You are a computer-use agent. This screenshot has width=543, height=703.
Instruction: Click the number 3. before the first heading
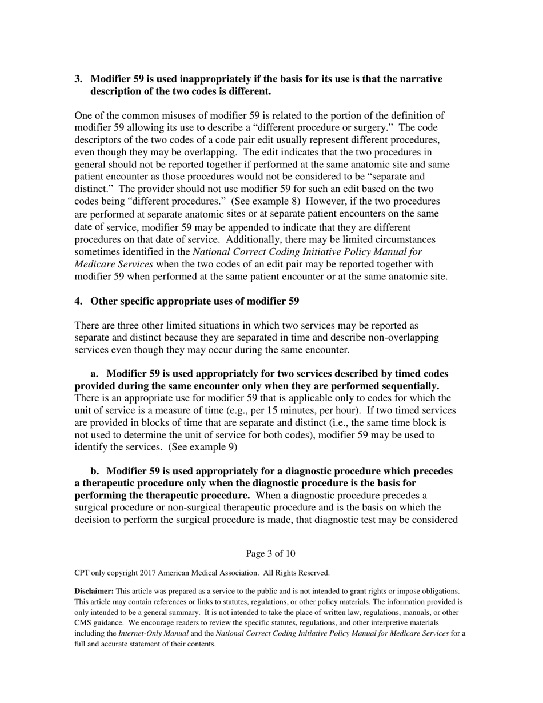(x=79, y=79)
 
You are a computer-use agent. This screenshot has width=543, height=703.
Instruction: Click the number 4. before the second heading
(x=79, y=301)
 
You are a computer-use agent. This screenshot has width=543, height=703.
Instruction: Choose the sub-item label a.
(x=95, y=374)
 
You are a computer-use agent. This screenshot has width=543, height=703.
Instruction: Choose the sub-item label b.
(x=95, y=471)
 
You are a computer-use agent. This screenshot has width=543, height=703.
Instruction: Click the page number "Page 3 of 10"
(x=271, y=553)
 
